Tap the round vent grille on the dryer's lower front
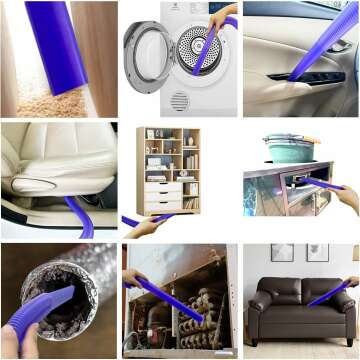coord(180,101)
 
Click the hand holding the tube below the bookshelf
coord(142,227)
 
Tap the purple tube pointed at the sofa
coord(330,291)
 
